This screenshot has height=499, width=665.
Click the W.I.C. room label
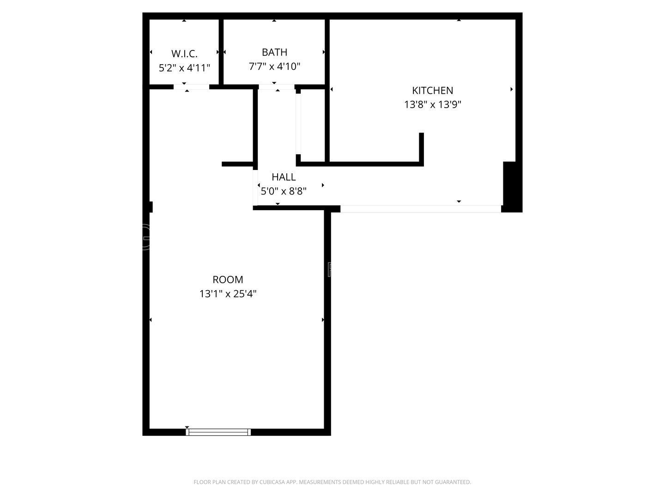click(x=184, y=53)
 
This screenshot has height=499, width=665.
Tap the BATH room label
click(x=274, y=52)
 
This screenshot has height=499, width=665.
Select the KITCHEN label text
click(x=432, y=91)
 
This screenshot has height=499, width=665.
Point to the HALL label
click(x=284, y=177)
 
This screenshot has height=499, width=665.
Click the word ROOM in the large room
click(x=228, y=280)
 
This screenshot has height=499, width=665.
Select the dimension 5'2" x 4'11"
click(x=184, y=68)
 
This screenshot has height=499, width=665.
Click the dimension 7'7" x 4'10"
click(x=274, y=67)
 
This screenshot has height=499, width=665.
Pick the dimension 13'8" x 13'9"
click(x=432, y=104)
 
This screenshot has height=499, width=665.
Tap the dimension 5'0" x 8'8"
click(x=284, y=191)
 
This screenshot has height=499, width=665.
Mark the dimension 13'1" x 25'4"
click(x=228, y=293)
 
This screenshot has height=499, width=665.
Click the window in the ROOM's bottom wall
click(x=218, y=432)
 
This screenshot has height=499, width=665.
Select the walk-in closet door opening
click(x=191, y=87)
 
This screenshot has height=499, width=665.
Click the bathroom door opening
click(x=276, y=87)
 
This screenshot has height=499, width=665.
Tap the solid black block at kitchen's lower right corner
click(x=511, y=187)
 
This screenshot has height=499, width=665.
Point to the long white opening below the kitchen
click(x=420, y=209)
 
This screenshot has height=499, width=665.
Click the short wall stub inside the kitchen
click(x=421, y=148)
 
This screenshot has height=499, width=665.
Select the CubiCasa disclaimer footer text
click(x=332, y=482)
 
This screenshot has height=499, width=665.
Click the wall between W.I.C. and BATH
click(x=221, y=52)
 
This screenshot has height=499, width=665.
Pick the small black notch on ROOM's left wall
click(x=151, y=207)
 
